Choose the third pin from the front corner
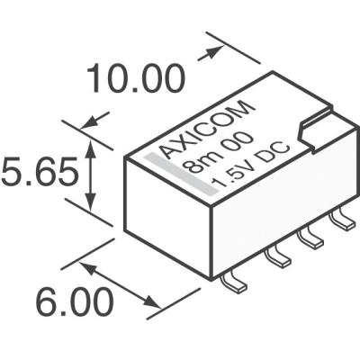[311, 237]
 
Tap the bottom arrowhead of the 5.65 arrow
[91, 205]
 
